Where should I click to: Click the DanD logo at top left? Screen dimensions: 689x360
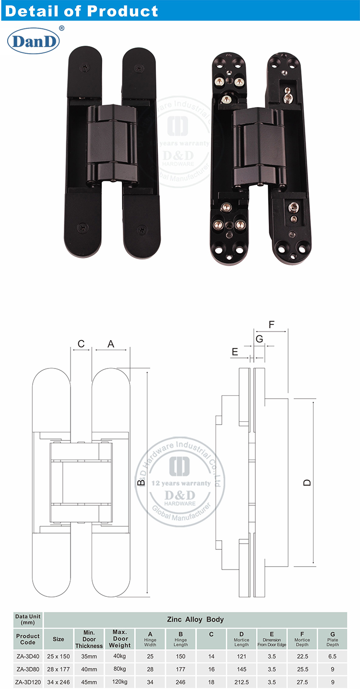pyautogui.click(x=33, y=42)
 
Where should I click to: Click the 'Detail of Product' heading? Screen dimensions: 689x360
pyautogui.click(x=81, y=11)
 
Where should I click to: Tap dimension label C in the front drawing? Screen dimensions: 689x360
pyautogui.click(x=81, y=344)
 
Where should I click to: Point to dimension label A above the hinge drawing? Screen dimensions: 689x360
pyautogui.click(x=111, y=344)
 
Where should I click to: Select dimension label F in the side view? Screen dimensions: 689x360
pyautogui.click(x=271, y=324)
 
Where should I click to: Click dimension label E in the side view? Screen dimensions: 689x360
pyautogui.click(x=235, y=352)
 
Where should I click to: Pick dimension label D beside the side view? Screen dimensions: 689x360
pyautogui.click(x=308, y=482)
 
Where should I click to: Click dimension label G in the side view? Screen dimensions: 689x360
pyautogui.click(x=260, y=339)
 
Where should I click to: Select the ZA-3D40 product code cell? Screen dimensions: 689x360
pyautogui.click(x=28, y=655)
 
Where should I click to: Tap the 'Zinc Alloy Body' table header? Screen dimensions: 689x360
pyautogui.click(x=195, y=619)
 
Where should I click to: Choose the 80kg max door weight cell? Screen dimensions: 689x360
pyautogui.click(x=120, y=669)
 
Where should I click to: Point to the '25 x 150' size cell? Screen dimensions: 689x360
pyautogui.click(x=58, y=655)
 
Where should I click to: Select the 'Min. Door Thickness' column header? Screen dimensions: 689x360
pyautogui.click(x=89, y=639)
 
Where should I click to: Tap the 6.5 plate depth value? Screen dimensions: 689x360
pyautogui.click(x=332, y=655)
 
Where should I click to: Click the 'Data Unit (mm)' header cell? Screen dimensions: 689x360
pyautogui.click(x=28, y=619)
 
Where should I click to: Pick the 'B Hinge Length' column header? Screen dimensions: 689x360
pyautogui.click(x=180, y=639)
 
